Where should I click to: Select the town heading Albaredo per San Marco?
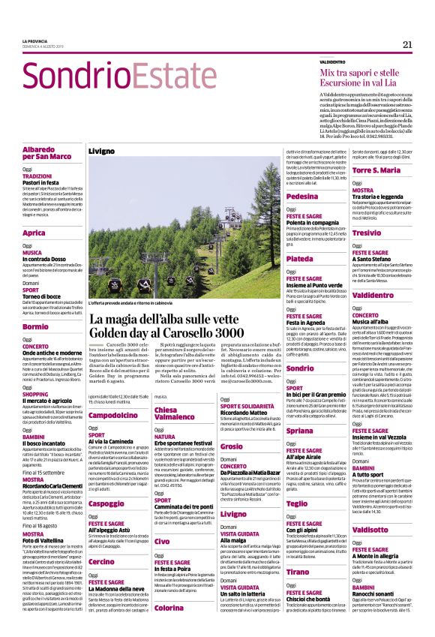click(x=49, y=154)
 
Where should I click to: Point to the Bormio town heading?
click(x=35, y=327)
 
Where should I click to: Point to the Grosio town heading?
click(x=232, y=446)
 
